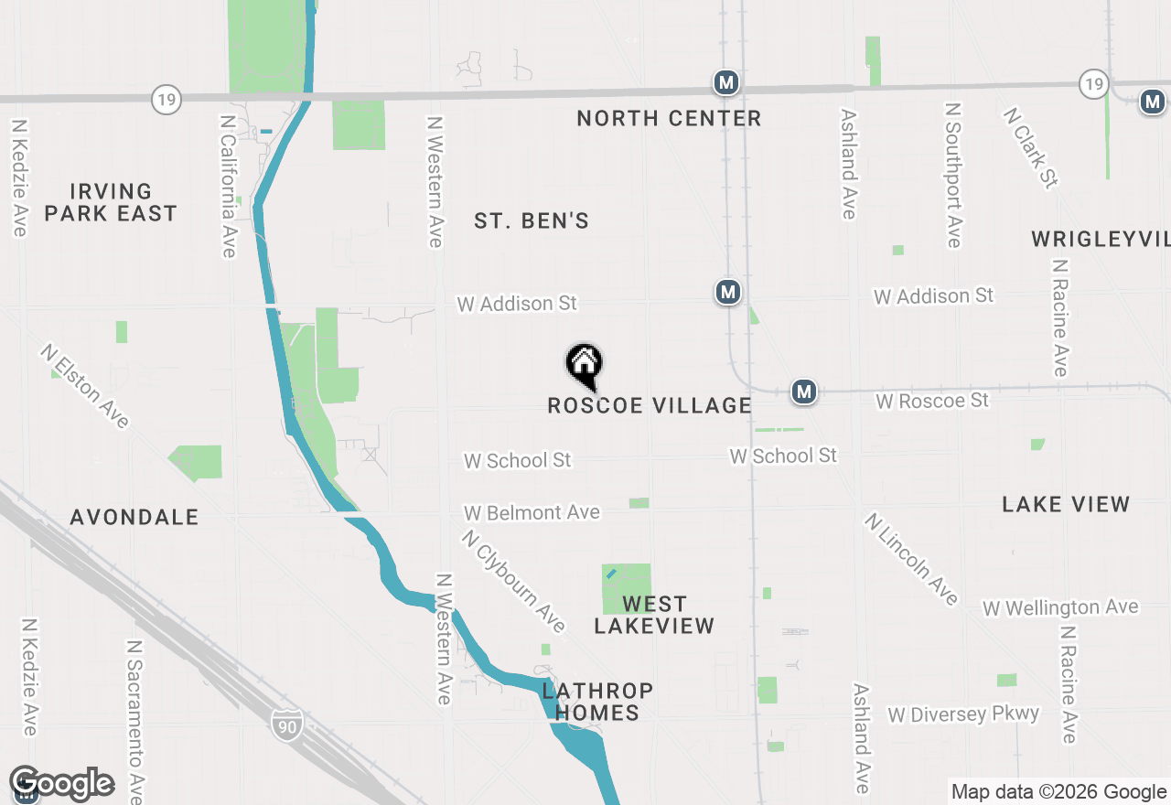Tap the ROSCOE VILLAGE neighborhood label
coord(649,405)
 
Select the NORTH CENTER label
coord(669,118)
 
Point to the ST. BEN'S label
coord(532,220)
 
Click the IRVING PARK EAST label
coord(111,202)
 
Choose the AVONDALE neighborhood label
coord(134,517)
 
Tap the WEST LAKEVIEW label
coord(654,615)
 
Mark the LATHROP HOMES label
coord(597,702)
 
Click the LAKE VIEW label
coord(1066,504)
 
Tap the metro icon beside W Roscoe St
coord(804,392)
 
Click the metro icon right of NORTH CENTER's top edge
coord(726,83)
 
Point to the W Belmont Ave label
coord(532,512)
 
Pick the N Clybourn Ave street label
coord(513,581)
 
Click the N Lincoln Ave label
coord(911,559)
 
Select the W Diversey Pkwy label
coord(963,714)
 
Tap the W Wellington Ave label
coord(1060,607)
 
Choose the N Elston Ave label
coord(85,385)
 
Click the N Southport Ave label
coord(953,174)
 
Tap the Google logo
coord(61,783)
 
